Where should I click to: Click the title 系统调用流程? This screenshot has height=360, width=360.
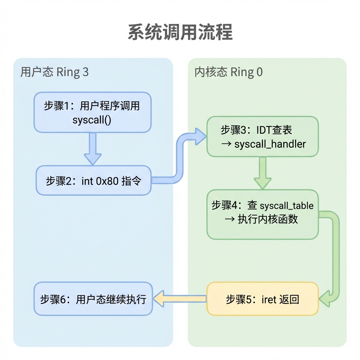tap(180, 32)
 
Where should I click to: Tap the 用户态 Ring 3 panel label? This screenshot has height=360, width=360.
tap(54, 72)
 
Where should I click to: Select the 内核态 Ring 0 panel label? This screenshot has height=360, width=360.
tap(229, 72)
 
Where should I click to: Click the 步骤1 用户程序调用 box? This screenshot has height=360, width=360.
tap(92, 112)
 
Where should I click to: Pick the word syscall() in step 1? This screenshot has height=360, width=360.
tap(92, 120)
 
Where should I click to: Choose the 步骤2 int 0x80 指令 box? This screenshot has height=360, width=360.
tap(94, 180)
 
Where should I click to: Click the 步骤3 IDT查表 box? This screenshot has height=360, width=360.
tap(263, 137)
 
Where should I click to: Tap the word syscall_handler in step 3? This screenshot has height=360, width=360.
tap(270, 144)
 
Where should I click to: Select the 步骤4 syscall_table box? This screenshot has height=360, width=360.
tap(263, 214)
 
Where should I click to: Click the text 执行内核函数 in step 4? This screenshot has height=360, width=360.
tap(268, 219)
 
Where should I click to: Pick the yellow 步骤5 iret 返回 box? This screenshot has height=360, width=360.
tap(263, 299)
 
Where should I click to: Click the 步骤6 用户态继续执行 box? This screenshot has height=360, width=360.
tap(93, 299)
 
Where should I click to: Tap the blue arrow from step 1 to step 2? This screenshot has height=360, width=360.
tap(93, 149)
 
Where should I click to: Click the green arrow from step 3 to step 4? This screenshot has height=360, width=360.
tap(263, 173)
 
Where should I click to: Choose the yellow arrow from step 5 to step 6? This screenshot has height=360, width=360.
tap(180, 299)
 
